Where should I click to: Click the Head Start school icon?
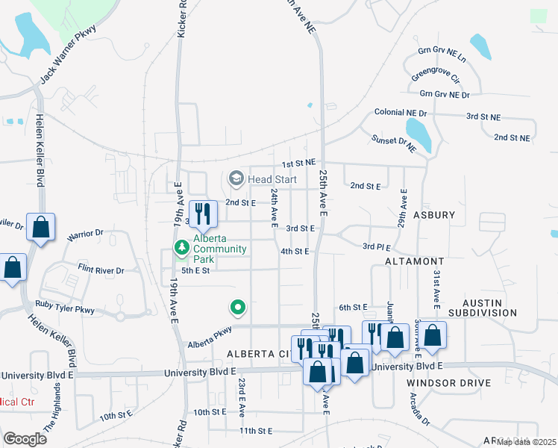click(236, 178)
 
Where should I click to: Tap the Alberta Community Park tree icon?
click(181, 247)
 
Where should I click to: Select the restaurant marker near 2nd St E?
click(202, 214)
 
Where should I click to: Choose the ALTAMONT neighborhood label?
click(414, 262)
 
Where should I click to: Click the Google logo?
click(25, 438)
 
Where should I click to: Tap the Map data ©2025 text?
click(526, 442)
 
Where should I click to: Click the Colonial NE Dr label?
click(401, 112)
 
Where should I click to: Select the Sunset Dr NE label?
click(393, 143)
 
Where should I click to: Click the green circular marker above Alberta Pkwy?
click(238, 306)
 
